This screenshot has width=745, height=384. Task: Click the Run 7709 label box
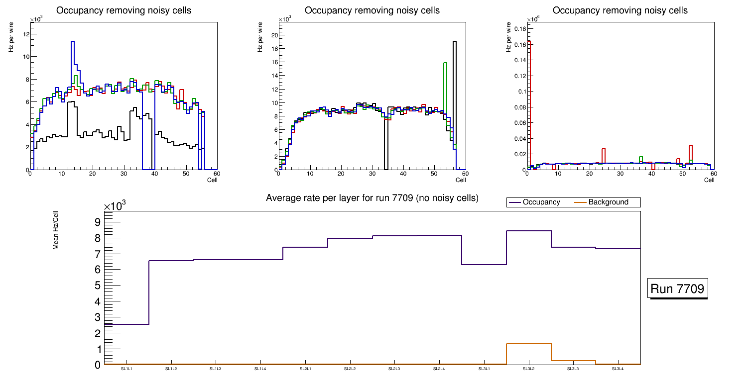pos(678,289)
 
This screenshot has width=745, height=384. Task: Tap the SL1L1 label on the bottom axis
pos(126,369)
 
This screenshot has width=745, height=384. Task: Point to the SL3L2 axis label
pos(528,369)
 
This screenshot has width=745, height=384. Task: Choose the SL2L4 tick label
pos(439,369)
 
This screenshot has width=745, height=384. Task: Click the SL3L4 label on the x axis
pos(618,369)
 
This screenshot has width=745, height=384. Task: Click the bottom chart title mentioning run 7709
pos(372,198)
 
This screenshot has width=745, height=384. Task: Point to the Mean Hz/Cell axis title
pos(56,230)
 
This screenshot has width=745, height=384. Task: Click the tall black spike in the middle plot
pos(455,42)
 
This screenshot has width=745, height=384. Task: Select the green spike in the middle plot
pos(445,63)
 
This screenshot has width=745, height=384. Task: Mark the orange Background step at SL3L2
pos(528,344)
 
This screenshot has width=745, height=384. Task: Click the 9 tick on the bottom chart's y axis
pos(97,222)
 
